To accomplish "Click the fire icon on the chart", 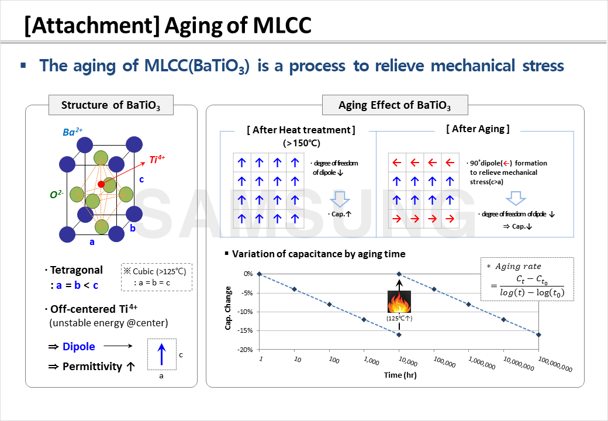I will [x=399, y=302].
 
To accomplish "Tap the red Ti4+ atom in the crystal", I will [x=101, y=184].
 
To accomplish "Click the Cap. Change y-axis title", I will [x=229, y=308].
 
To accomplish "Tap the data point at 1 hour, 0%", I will [x=259, y=274].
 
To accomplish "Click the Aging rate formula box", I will [x=526, y=279].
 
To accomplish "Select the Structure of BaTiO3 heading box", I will [x=110, y=105].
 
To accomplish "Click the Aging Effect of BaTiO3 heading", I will [x=395, y=105].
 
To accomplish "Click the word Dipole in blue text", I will [x=78, y=346].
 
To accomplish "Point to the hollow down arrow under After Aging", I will [x=514, y=199].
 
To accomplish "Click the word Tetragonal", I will [x=76, y=270].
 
